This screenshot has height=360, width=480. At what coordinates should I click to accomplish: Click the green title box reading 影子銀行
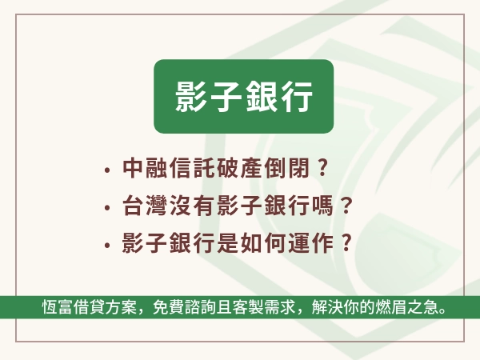(243, 97)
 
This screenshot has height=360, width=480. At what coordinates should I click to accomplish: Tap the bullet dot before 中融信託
(107, 170)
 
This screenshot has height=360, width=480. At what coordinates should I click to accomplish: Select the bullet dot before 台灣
(107, 207)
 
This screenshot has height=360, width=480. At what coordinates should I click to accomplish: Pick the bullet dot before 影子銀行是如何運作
(107, 244)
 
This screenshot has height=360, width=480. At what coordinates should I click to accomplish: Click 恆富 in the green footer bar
(55, 307)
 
